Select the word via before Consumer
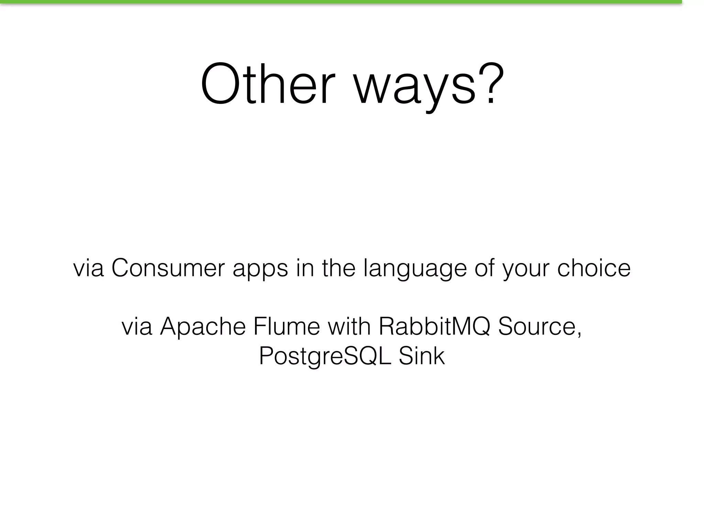click(88, 268)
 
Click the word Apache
click(203, 327)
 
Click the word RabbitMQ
click(434, 327)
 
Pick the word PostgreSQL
click(325, 356)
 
